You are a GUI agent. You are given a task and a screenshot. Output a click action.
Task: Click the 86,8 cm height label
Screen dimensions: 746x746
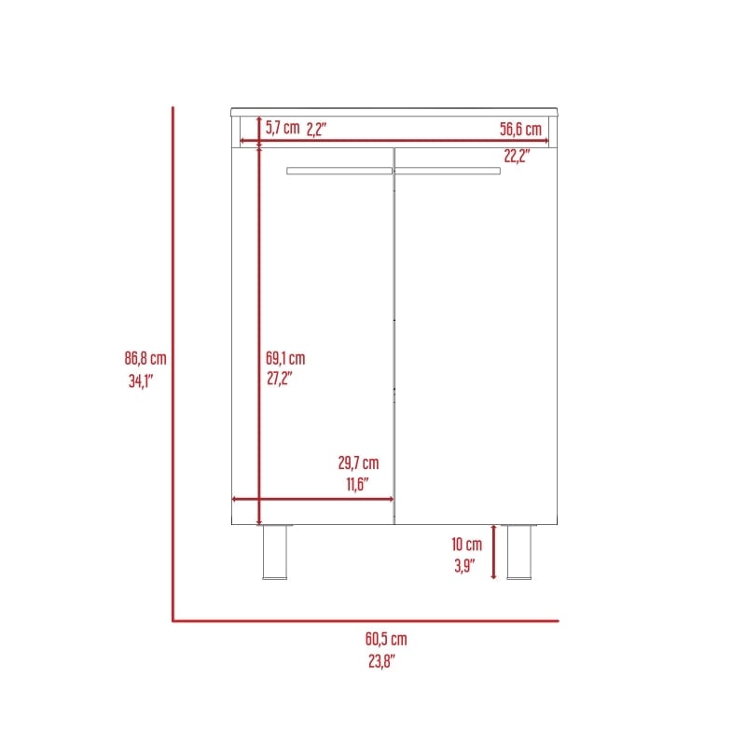tap(145, 358)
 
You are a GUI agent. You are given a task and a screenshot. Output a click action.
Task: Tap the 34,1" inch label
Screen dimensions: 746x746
tap(141, 381)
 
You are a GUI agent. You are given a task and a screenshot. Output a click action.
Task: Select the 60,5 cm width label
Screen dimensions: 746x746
tap(386, 639)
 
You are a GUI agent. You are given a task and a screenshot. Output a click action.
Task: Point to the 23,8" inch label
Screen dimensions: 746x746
tap(381, 661)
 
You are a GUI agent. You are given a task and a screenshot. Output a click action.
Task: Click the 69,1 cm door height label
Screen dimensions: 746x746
tap(285, 358)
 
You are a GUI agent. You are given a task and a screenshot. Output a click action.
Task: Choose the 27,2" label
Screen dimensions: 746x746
tap(279, 379)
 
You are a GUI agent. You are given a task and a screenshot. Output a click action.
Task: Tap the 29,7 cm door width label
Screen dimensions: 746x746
tap(359, 463)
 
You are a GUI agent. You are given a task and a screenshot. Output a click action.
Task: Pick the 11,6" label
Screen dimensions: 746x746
tap(357, 484)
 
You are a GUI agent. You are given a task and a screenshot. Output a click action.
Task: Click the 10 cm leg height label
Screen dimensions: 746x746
tap(467, 545)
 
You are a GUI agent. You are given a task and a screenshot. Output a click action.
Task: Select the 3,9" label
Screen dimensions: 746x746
tap(464, 566)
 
